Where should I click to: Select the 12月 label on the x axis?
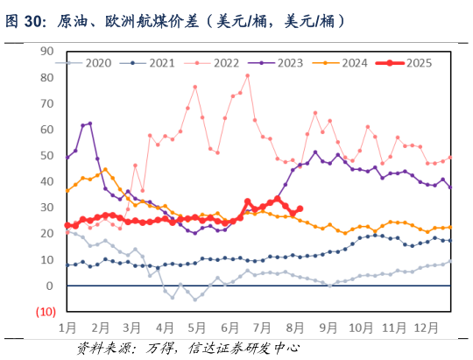(x=424, y=328)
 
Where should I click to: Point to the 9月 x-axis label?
(x=328, y=328)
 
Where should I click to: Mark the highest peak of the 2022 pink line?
(x=248, y=75)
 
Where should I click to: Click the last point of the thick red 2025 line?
(x=300, y=208)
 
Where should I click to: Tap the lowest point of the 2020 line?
(x=195, y=300)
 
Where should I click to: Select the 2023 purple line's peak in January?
(x=89, y=124)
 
